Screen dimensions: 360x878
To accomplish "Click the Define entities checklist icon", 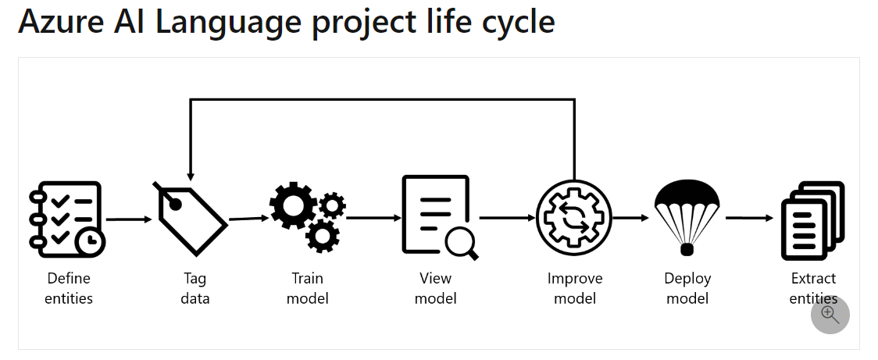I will [x=66, y=219].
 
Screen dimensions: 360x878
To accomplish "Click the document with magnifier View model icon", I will [x=438, y=216].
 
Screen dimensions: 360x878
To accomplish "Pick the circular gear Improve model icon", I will [x=574, y=218].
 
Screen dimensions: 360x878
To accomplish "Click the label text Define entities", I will [x=69, y=288].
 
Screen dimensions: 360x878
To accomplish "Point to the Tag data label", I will [x=195, y=288].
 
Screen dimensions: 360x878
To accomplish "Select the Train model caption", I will [x=308, y=288].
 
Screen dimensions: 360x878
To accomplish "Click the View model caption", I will [x=435, y=288].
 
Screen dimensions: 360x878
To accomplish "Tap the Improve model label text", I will [x=575, y=288].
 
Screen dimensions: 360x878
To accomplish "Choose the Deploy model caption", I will [x=687, y=288].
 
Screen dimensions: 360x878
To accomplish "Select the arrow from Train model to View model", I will [x=372, y=218].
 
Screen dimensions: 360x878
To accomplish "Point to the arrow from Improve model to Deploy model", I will [x=632, y=218].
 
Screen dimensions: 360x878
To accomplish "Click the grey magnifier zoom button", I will [x=830, y=315].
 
